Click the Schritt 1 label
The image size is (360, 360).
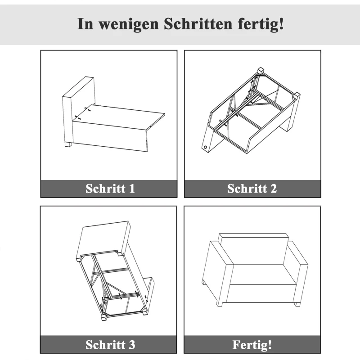(x=110, y=189)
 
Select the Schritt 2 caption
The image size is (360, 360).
(x=252, y=189)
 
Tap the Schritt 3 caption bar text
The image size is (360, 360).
(x=110, y=345)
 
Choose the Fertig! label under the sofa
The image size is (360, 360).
(x=252, y=345)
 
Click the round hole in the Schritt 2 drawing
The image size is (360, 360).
(x=205, y=147)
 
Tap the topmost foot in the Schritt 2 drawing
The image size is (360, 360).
(x=260, y=71)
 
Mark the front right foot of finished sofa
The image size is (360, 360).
(x=297, y=305)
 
